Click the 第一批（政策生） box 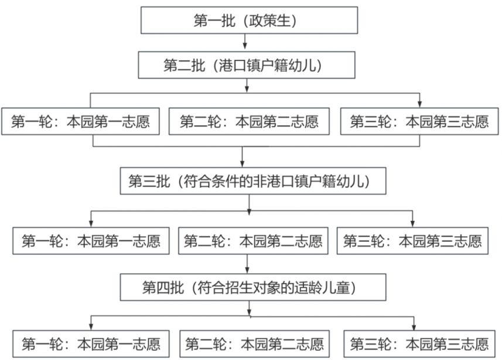(x=249, y=20)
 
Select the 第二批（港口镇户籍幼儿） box (x=247, y=65)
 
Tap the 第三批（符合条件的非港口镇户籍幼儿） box (x=253, y=181)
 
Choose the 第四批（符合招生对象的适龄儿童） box (x=253, y=287)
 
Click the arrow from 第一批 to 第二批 (x=245, y=41)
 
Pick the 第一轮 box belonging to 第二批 (x=80, y=121)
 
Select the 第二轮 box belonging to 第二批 (x=249, y=121)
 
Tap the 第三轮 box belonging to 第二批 (x=419, y=121)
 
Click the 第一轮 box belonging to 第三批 (x=91, y=241)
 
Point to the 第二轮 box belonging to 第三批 (x=253, y=241)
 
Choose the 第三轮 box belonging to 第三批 (x=413, y=241)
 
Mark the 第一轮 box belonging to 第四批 (x=91, y=344)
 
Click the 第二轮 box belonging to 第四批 (x=255, y=344)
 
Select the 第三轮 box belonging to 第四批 (x=419, y=344)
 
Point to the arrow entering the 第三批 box (x=243, y=157)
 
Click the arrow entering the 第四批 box (x=247, y=264)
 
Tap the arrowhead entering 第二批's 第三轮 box (x=420, y=104)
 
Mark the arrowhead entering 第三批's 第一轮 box (x=91, y=224)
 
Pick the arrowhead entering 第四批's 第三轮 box (x=414, y=327)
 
